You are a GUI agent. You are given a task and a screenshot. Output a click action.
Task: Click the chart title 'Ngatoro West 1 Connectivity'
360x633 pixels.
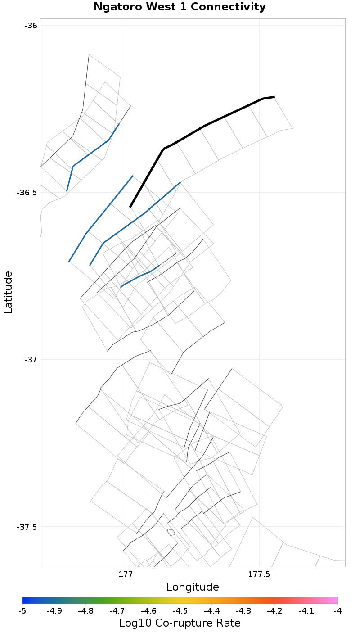click(180, 7)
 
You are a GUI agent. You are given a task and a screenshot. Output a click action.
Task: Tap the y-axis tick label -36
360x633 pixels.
click(31, 26)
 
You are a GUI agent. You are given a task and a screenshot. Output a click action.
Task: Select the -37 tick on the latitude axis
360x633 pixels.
click(31, 360)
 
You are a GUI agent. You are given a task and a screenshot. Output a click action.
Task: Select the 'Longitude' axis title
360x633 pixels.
click(193, 587)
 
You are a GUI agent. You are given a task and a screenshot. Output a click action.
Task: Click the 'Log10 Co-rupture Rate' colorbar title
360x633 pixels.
click(180, 623)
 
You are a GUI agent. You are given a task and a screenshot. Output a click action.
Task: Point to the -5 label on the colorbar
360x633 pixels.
click(22, 611)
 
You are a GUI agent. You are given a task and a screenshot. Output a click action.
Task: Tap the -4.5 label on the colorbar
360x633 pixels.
click(180, 611)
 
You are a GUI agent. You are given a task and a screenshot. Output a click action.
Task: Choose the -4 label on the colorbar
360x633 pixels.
click(337, 611)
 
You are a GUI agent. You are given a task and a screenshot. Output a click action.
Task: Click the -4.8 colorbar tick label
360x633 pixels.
click(85, 611)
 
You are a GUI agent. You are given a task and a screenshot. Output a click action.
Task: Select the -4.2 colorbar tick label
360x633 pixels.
click(274, 611)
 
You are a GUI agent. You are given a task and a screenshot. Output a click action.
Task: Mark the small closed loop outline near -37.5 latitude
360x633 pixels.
click(171, 532)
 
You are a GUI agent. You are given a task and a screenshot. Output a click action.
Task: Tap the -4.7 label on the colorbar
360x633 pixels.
click(117, 611)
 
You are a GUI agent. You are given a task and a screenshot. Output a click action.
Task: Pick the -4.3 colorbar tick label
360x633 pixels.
click(243, 611)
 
